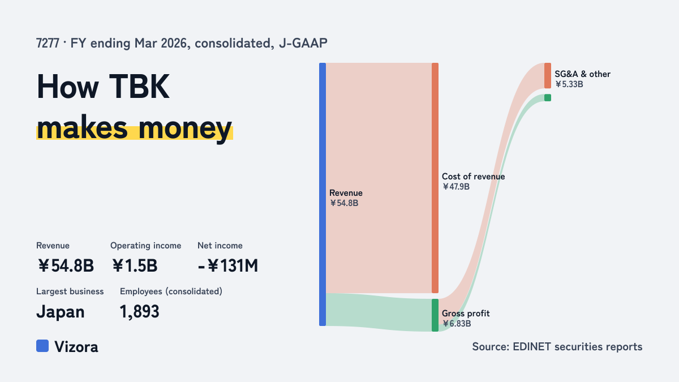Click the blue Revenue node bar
(323, 194)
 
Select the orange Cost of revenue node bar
(435, 178)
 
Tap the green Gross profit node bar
(435, 315)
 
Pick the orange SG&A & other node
(548, 76)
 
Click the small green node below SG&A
(548, 97)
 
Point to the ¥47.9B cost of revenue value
(455, 186)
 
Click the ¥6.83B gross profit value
(457, 324)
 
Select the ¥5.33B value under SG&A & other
(569, 84)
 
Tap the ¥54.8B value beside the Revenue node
(344, 203)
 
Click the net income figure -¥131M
(228, 265)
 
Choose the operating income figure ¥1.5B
(134, 265)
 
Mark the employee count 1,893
(139, 312)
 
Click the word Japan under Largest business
(61, 312)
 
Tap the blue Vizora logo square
(42, 346)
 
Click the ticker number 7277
(48, 43)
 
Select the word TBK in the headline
(139, 87)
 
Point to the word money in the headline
(185, 128)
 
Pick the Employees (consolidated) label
(171, 291)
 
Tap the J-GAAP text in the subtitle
(303, 43)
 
